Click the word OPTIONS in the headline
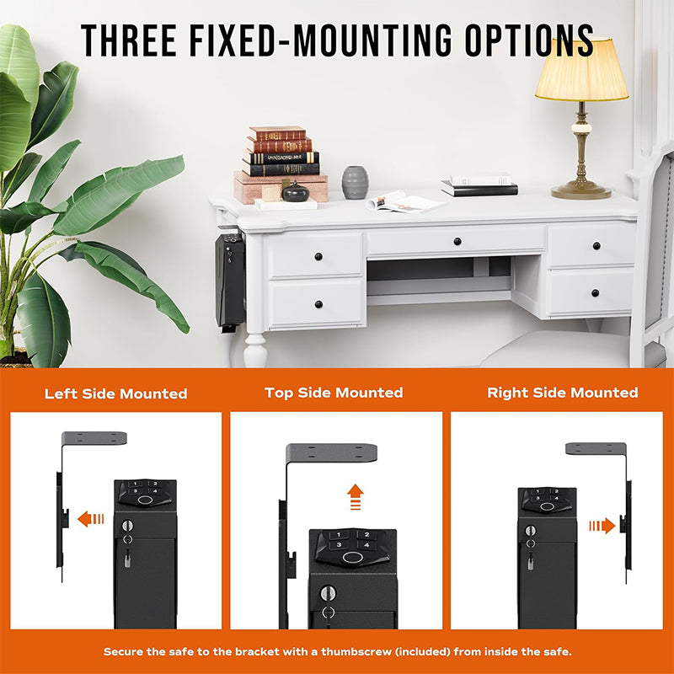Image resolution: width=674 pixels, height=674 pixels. (x=530, y=40)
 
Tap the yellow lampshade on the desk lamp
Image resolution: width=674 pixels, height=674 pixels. (x=581, y=70)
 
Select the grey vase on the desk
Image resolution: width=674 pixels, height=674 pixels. (x=355, y=183)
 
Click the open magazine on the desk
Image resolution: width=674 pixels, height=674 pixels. (x=404, y=202)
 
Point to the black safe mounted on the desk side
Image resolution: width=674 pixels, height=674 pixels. (x=230, y=281)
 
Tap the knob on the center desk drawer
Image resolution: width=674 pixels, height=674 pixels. (x=457, y=241)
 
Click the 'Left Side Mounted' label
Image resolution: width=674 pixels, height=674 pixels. (x=116, y=393)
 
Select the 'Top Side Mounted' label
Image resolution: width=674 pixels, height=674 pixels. (x=334, y=393)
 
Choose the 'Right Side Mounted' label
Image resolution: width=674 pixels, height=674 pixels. (x=563, y=393)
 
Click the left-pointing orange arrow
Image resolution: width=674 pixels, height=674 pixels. (x=91, y=519)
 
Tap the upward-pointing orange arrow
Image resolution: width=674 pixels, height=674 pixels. (x=356, y=497)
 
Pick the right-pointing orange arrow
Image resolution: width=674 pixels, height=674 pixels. (x=602, y=526)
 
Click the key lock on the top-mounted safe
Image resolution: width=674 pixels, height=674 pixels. (x=329, y=593)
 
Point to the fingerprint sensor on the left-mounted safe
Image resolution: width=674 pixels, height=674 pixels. (x=145, y=500)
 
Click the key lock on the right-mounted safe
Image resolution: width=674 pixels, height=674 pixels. (x=531, y=531)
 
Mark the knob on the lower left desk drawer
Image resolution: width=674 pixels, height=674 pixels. (x=318, y=304)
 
